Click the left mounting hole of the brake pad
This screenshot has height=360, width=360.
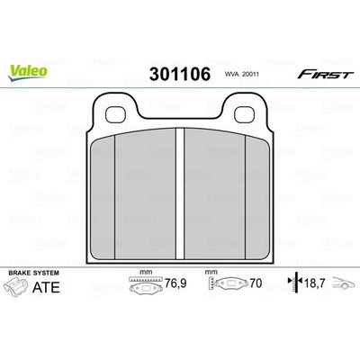tap(118, 114)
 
